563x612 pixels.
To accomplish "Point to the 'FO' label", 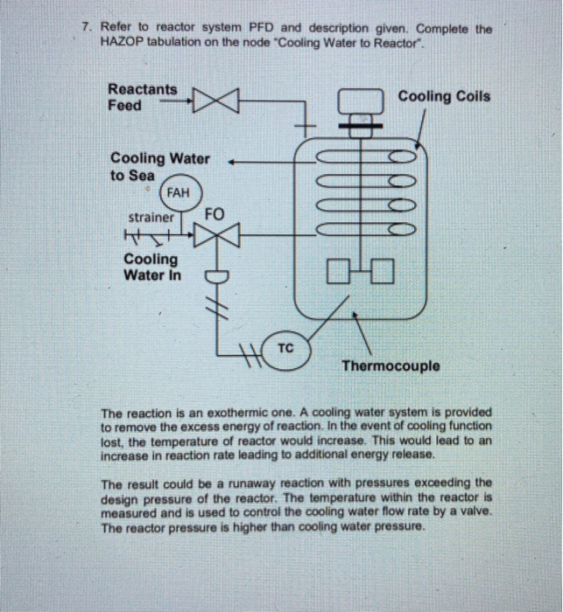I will pyautogui.click(x=215, y=213).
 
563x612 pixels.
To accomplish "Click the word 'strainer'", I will pyautogui.click(x=151, y=217).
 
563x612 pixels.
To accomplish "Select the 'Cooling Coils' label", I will pyautogui.click(x=444, y=96).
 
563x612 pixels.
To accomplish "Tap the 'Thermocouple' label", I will pyautogui.click(x=391, y=366).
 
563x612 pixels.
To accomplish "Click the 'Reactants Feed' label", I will pyautogui.click(x=141, y=97).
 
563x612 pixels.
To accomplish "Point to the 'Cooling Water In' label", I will pyautogui.click(x=152, y=268).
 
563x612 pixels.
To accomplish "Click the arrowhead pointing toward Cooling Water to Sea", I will pyautogui.click(x=233, y=161).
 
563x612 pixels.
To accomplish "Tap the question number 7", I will pyautogui.click(x=86, y=28).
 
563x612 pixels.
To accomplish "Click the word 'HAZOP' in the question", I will pyautogui.click(x=123, y=42).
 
